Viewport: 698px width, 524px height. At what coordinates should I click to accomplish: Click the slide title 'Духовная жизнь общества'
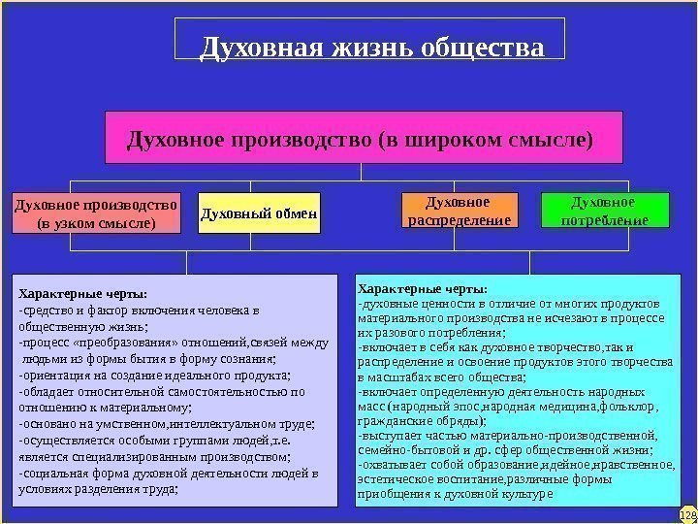coord(370,48)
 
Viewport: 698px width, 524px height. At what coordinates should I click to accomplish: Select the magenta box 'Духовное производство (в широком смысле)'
coord(361,137)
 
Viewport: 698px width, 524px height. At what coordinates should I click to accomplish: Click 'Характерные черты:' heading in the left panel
coord(83,292)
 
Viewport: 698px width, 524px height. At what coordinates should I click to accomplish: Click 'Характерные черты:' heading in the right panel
coord(423,287)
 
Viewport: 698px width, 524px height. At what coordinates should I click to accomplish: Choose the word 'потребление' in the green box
coord(605,220)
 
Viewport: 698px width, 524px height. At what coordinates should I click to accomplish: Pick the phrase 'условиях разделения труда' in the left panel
coord(97,489)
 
